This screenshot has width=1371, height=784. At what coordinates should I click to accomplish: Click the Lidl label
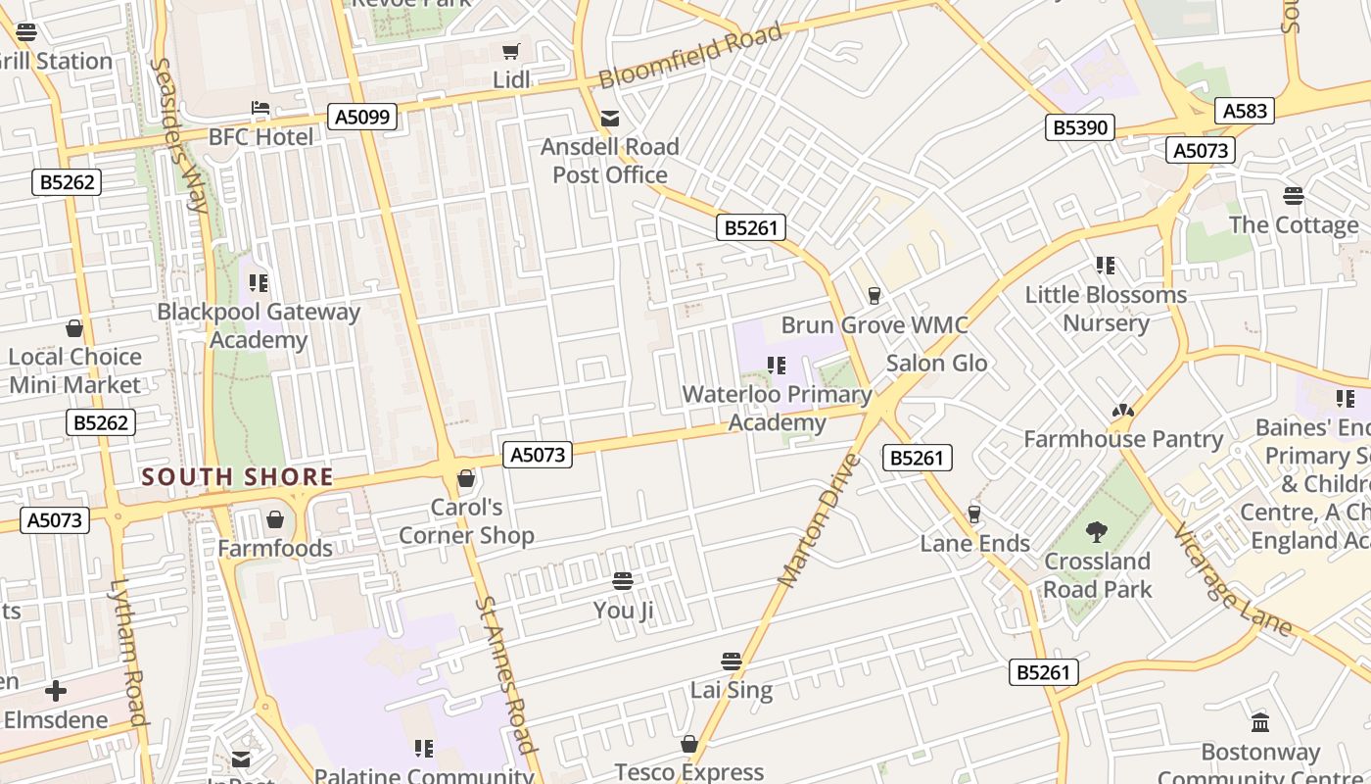click(x=511, y=79)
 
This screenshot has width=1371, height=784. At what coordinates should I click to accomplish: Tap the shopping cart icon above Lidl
click(x=510, y=52)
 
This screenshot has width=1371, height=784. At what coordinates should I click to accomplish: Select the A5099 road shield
click(x=362, y=118)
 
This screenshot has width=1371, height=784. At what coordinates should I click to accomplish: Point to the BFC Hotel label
click(x=260, y=136)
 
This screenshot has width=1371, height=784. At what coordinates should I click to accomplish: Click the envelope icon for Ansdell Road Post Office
click(x=610, y=120)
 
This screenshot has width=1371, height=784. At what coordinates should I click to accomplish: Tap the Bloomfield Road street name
click(x=690, y=56)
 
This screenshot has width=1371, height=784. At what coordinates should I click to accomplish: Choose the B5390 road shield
click(x=1080, y=127)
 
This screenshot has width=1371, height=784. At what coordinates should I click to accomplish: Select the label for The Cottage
click(x=1293, y=225)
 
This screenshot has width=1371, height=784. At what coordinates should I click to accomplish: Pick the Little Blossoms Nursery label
click(x=1106, y=309)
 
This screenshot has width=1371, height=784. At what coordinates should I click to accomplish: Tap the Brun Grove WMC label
click(x=874, y=325)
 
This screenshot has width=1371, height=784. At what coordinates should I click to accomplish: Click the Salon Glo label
click(x=936, y=364)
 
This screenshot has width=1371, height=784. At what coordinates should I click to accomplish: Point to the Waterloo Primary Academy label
click(x=777, y=409)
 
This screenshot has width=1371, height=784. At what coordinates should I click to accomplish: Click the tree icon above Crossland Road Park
click(x=1097, y=532)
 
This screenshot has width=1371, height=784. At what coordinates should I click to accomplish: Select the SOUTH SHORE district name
click(x=238, y=478)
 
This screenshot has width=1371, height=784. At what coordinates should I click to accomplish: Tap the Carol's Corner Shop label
click(x=466, y=521)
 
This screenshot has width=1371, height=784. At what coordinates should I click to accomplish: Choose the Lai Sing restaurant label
click(x=732, y=690)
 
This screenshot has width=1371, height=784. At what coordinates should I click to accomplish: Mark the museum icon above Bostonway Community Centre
click(x=1260, y=723)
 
